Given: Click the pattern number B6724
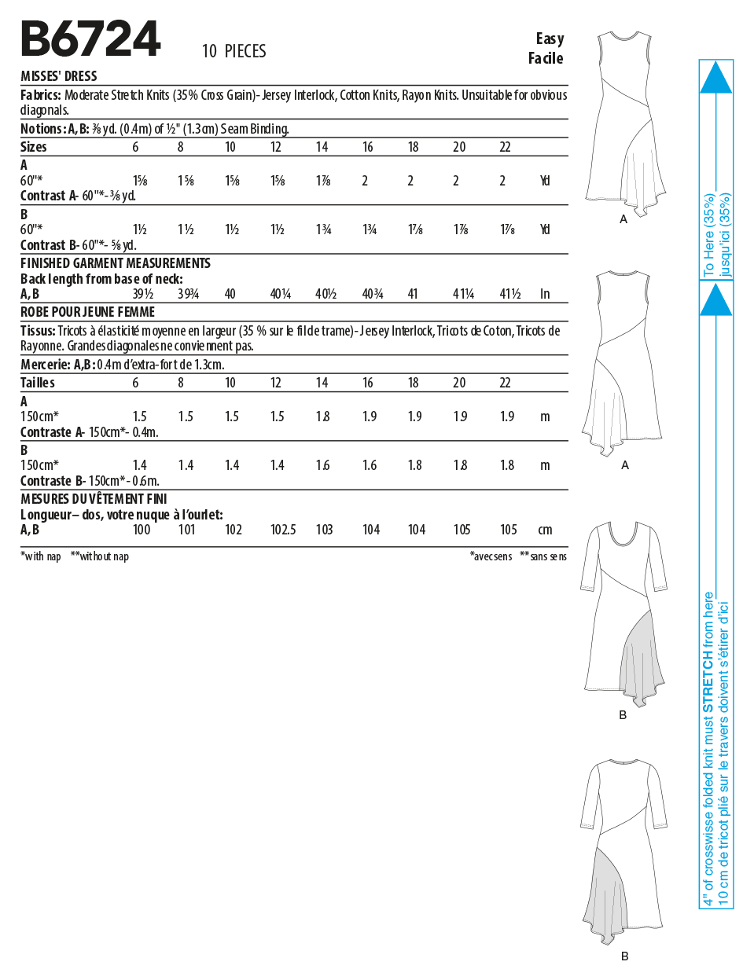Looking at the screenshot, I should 90,39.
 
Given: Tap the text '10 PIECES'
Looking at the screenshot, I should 234,52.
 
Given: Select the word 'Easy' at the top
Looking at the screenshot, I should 550,39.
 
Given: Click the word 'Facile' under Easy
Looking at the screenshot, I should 546,58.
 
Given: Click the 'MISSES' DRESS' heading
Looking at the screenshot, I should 59,76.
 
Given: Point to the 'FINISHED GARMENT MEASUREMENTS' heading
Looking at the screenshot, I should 116,263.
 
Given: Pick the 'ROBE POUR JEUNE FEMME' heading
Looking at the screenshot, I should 87,312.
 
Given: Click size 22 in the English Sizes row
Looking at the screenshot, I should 505,147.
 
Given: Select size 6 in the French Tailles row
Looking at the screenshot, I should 135,383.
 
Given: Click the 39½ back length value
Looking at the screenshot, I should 142,294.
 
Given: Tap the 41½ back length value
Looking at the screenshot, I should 509,294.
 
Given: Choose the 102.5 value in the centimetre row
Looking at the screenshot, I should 283,530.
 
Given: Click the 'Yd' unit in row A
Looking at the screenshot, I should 545,181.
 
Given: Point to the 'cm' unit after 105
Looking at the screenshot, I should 545,530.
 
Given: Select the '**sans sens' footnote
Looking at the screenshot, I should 543,556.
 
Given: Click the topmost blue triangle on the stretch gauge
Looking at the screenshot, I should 715,78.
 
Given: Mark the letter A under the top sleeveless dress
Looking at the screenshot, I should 623,219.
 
